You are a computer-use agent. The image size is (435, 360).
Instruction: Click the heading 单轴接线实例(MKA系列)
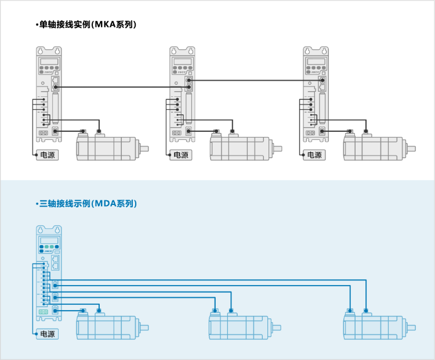[x=87, y=24]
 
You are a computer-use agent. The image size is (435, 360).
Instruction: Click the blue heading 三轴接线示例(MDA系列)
[x=88, y=203]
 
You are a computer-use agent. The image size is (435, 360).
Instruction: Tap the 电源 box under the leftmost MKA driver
[x=46, y=155]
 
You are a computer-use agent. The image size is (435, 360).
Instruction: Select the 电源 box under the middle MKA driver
[x=181, y=155]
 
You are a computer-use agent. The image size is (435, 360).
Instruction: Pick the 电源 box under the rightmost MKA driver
[x=314, y=155]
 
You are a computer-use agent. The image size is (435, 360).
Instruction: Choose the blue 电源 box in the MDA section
[x=46, y=334]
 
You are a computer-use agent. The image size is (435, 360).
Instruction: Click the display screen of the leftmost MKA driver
[x=49, y=61]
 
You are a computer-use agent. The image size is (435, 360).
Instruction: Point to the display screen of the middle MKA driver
[x=182, y=61]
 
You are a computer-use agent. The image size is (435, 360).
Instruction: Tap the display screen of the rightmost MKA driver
[x=316, y=61]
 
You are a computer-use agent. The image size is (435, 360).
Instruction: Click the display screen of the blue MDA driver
[x=49, y=240]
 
